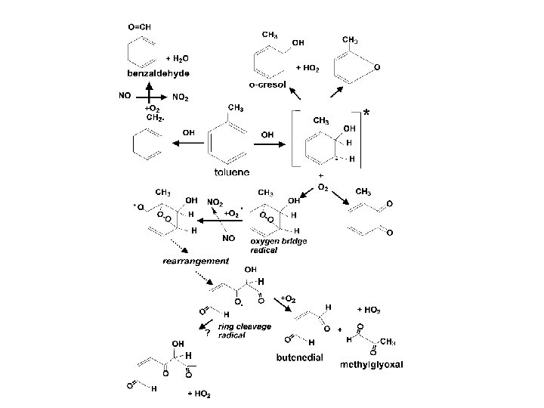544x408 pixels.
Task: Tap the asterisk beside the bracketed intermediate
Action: coord(367,113)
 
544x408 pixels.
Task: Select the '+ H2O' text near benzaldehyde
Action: coord(178,57)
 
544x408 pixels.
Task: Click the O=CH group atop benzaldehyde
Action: coord(139,26)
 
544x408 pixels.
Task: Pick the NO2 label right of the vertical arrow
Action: coord(181,97)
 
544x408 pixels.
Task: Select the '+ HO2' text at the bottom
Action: coord(201,394)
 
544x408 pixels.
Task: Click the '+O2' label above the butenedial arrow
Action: coord(289,298)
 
